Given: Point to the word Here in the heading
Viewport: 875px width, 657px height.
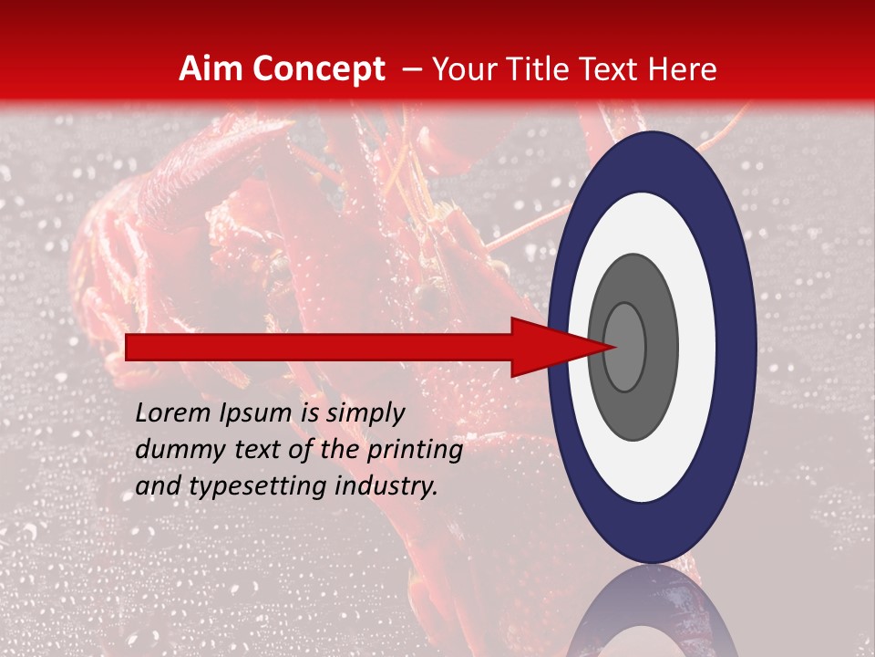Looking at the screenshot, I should tap(681, 69).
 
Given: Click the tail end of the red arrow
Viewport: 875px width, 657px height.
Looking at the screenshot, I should tap(128, 347).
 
